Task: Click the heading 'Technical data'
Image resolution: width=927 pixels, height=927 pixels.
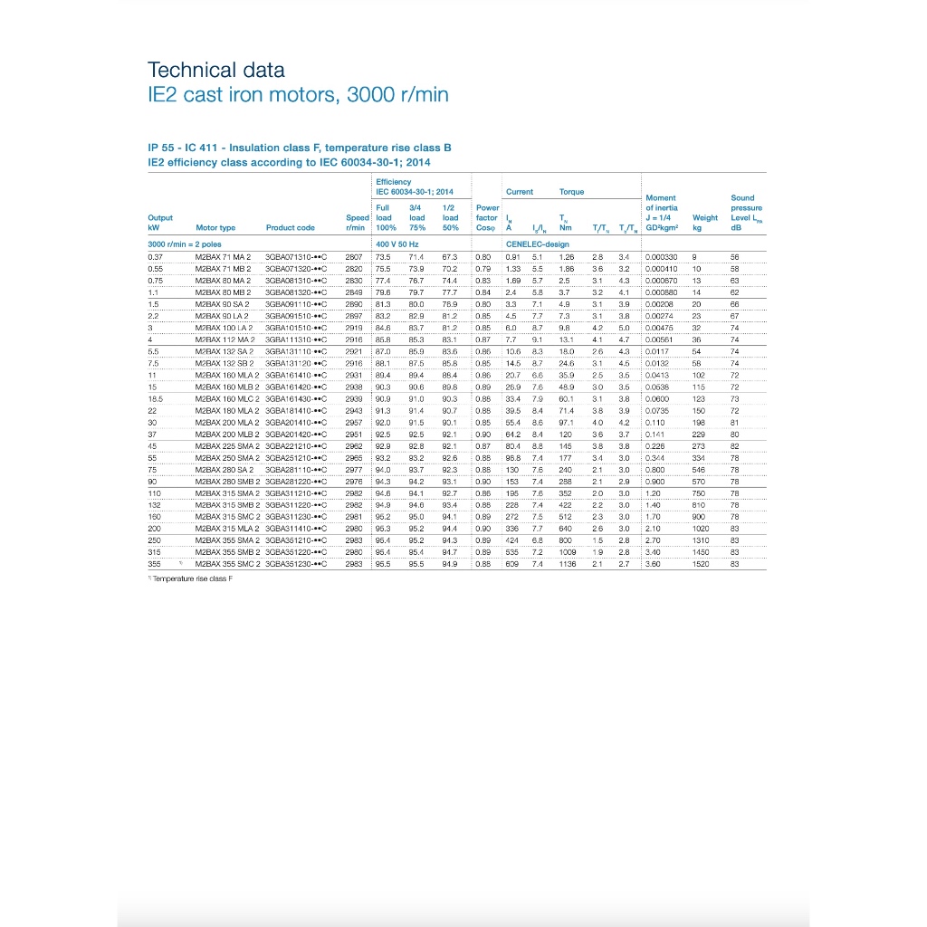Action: click(x=215, y=71)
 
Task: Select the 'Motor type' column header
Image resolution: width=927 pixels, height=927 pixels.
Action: click(x=215, y=228)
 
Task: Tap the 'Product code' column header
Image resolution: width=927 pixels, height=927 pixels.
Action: click(x=291, y=228)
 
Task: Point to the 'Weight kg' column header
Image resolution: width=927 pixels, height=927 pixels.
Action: click(x=704, y=223)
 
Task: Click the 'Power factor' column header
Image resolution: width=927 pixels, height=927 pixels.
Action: click(x=487, y=217)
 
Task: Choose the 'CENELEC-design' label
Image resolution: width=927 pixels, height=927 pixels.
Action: click(x=538, y=244)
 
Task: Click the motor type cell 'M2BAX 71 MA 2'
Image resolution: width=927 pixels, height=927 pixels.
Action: click(x=223, y=258)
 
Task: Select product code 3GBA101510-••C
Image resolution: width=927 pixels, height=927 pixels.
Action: click(x=295, y=327)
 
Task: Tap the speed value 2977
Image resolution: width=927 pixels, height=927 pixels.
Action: click(x=354, y=470)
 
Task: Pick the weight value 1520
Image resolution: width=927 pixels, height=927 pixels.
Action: click(x=702, y=563)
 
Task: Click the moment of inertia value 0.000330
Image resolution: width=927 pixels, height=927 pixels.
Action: click(x=661, y=258)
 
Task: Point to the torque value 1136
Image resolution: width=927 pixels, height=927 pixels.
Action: click(x=567, y=563)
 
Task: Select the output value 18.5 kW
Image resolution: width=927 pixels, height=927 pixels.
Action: click(x=155, y=398)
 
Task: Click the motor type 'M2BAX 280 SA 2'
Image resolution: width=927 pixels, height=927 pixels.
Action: click(x=223, y=470)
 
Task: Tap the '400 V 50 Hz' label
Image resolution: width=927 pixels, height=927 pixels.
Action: click(x=396, y=244)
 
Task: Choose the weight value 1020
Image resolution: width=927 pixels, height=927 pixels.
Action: click(x=702, y=528)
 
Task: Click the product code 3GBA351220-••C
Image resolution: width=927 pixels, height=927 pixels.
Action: click(x=295, y=551)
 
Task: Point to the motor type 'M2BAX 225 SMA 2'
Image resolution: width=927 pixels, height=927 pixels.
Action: click(x=226, y=445)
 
